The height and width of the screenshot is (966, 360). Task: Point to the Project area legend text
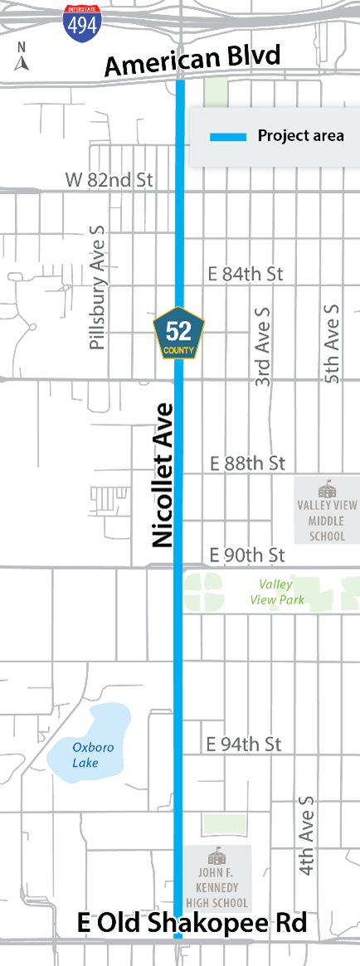click(300, 136)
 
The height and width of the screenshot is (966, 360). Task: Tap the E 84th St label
click(246, 274)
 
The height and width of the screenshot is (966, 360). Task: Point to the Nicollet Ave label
click(162, 474)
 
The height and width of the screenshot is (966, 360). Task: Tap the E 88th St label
click(247, 463)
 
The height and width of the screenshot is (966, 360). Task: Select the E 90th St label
click(247, 554)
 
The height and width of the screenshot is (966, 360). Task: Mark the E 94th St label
click(243, 744)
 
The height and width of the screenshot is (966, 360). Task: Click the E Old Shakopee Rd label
click(192, 923)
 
